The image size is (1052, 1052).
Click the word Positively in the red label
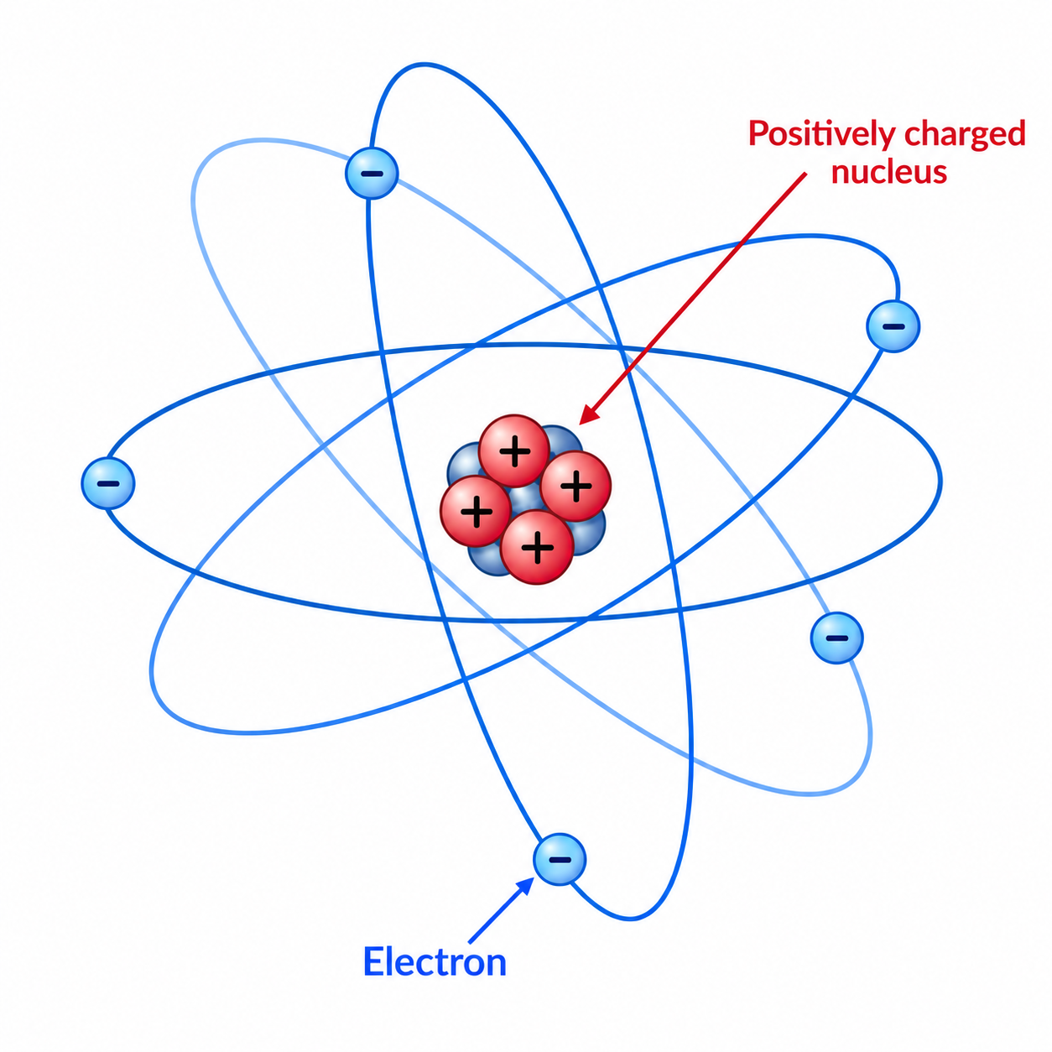click(822, 134)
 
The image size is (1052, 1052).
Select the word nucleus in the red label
click(888, 171)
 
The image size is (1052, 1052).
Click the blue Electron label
click(435, 961)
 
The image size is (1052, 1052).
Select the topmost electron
click(372, 173)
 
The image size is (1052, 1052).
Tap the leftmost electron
click(108, 483)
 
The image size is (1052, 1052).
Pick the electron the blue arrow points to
click(560, 859)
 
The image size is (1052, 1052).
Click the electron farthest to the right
click(893, 325)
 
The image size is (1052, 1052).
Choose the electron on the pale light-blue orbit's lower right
click(837, 638)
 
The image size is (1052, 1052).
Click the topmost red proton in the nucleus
click(514, 451)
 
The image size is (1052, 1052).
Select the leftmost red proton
click(476, 511)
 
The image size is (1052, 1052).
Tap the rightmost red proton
click(575, 486)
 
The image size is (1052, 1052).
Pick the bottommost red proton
click(537, 547)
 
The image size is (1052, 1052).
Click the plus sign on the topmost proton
click(515, 451)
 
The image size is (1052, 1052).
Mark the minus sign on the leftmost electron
click(108, 484)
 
